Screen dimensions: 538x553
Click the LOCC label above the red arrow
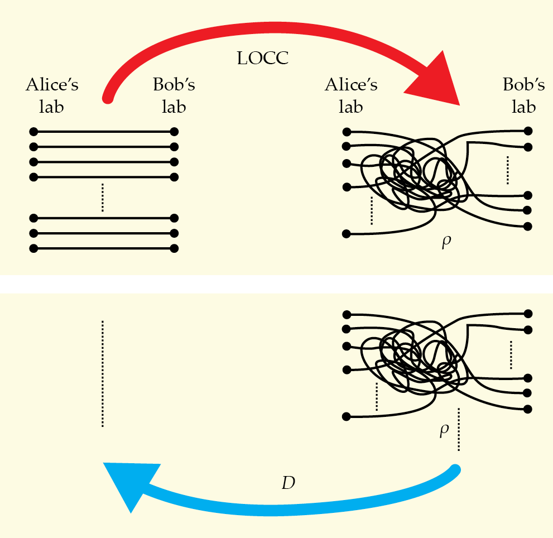[x=263, y=58]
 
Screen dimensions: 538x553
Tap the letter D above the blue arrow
[x=288, y=484]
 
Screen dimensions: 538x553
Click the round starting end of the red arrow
[x=108, y=99]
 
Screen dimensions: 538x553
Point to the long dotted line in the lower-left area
[x=103, y=374]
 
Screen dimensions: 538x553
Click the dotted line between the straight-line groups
[x=103, y=198]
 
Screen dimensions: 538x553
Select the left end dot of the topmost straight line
[x=33, y=132]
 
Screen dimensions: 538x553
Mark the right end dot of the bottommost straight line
[x=174, y=248]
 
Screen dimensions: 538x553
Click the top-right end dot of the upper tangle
[x=528, y=131]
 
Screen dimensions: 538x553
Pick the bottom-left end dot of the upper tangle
[x=347, y=234]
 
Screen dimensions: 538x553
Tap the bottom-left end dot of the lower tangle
[x=347, y=416]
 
